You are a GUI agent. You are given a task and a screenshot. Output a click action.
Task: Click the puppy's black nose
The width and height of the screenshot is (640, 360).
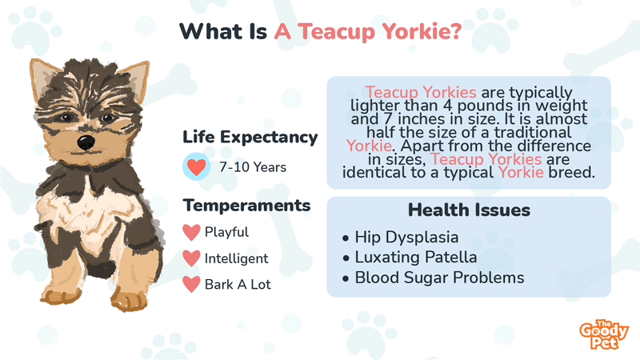pos(86,142)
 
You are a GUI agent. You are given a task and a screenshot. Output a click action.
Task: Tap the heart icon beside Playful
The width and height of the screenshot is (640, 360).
pos(191,232)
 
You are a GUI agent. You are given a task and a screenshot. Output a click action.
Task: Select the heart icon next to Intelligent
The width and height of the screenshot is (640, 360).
pos(191,258)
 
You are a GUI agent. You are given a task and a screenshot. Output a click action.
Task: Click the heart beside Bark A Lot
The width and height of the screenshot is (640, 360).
pos(191,285)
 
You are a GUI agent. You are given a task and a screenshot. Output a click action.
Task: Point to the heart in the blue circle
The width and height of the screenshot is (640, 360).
pos(196,167)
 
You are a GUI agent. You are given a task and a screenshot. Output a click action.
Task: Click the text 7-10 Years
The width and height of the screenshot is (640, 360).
pos(253,167)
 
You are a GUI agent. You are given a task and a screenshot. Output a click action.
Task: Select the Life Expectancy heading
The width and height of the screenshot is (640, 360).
pos(250,138)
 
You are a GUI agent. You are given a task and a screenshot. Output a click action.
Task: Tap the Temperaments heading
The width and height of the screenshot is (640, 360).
pos(246,206)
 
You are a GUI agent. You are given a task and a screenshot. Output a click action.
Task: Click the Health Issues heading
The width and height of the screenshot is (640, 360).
pos(469,210)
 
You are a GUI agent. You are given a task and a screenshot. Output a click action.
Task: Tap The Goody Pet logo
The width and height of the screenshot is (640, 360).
pos(604,334)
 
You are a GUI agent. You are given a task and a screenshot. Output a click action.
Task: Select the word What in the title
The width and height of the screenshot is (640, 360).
pos(206,31)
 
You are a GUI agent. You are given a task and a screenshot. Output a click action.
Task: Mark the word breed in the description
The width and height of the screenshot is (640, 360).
pos(571,172)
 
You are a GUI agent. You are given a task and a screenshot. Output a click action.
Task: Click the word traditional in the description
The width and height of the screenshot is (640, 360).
pos(533,132)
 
